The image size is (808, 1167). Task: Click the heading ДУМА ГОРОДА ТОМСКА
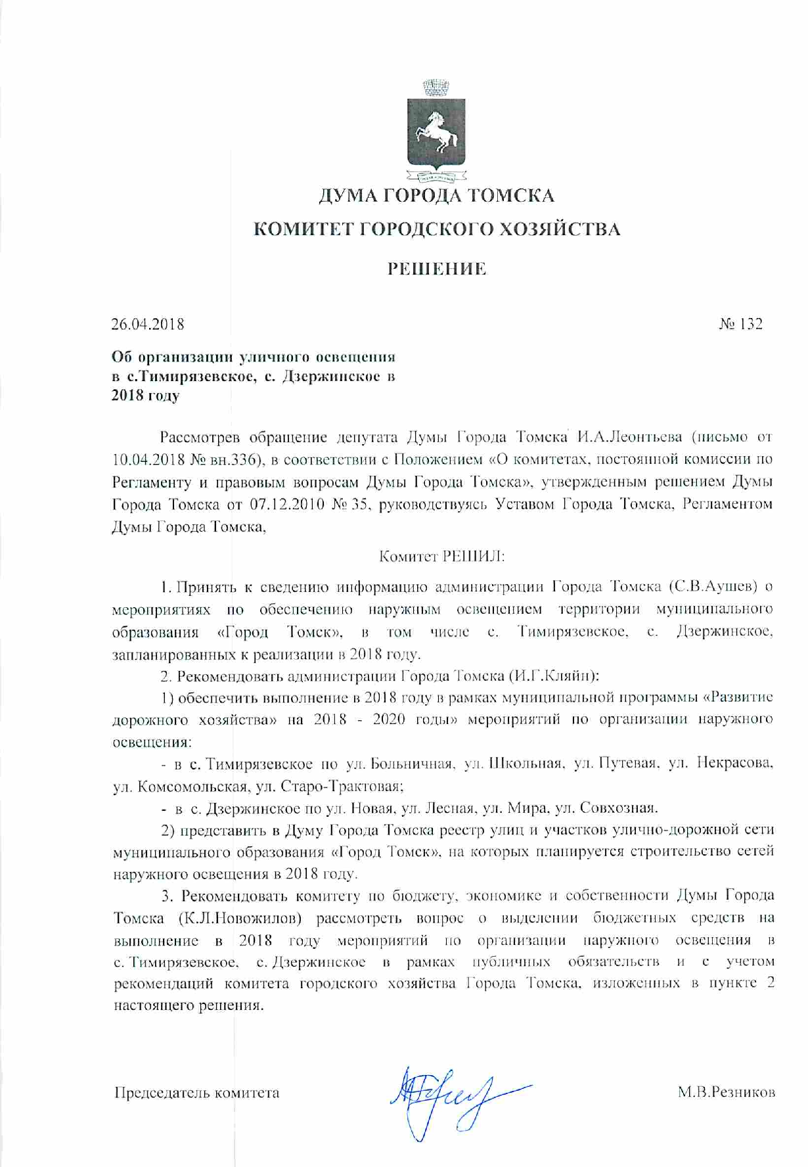[436, 195]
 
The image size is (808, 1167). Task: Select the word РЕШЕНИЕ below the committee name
[436, 269]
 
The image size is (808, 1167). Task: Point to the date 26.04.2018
[148, 324]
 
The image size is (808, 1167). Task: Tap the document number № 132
[740, 324]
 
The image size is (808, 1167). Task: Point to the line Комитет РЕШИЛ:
[442, 557]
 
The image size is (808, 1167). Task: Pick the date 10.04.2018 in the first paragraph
[148, 459]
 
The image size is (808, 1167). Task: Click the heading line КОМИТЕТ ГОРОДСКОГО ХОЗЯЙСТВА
[436, 229]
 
